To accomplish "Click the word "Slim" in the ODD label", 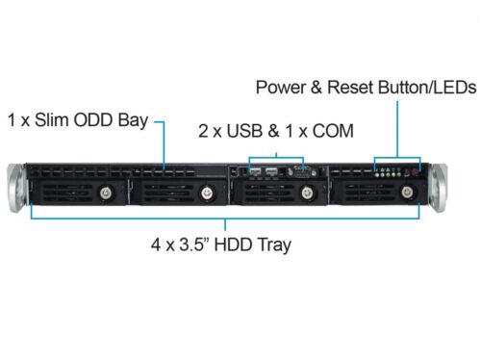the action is coord(52,120).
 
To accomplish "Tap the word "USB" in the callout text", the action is coord(244,131).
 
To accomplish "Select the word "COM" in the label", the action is coord(333,131).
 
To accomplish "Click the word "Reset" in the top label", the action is coord(350,88).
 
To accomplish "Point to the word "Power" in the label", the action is coord(281,88).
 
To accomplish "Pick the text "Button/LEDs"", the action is coord(427,88).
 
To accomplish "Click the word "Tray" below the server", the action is coord(275,245).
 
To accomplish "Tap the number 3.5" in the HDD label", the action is coord(192,244).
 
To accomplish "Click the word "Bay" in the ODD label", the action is coord(133,120).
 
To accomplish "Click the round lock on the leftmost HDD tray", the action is coord(106,193).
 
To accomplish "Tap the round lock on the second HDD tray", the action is coord(207,193).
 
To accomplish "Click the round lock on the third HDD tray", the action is coord(307,193).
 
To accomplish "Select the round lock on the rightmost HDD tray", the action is coord(407,192).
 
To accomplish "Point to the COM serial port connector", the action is coord(302,172).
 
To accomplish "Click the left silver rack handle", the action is coord(16,188).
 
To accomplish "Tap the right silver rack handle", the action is coord(439,188).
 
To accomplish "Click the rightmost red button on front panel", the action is coord(415,172).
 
